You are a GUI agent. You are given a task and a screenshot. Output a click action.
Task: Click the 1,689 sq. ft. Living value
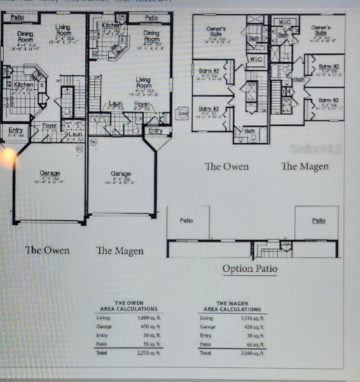(x=147, y=317)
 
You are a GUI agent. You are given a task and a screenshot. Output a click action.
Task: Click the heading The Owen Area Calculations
(x=128, y=306)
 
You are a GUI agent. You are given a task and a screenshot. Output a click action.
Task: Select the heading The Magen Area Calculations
(x=230, y=306)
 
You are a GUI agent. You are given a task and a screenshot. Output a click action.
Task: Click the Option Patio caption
(x=249, y=268)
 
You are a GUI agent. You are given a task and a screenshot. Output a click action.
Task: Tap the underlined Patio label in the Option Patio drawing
(x=319, y=220)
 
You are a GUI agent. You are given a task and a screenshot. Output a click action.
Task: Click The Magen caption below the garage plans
(x=120, y=250)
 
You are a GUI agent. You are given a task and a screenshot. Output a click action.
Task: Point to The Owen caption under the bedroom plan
(x=226, y=166)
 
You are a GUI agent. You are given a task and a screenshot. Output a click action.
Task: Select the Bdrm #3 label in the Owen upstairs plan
(x=209, y=109)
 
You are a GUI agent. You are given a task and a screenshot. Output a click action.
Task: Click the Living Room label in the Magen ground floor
(x=144, y=83)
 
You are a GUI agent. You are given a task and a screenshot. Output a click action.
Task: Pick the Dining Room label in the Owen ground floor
(x=25, y=36)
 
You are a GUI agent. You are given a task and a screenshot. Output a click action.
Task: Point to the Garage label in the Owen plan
(x=50, y=173)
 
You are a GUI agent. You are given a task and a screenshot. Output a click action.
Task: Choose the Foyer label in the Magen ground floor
(x=142, y=103)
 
